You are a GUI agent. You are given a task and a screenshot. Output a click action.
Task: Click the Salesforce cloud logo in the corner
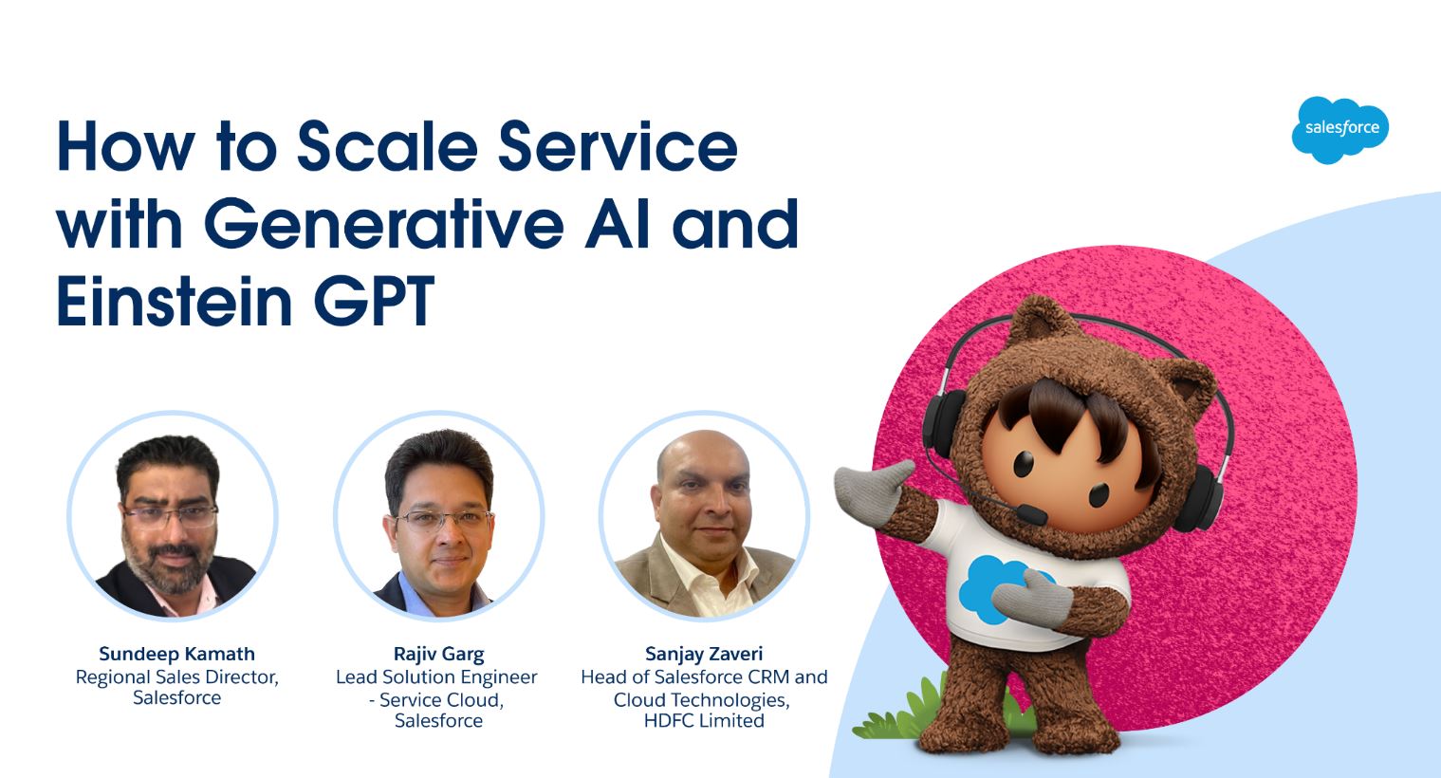pos(1340,129)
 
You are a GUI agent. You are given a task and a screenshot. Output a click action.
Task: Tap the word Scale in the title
pos(387,146)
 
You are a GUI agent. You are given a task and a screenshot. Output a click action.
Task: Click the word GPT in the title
pos(374,301)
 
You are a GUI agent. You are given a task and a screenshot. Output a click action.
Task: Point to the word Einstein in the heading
pos(175,301)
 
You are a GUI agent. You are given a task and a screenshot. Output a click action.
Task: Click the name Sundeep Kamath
pos(176,654)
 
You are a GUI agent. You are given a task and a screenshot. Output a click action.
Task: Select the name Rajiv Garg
pos(438,655)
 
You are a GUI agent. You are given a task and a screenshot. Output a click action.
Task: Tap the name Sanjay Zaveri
pos(704,655)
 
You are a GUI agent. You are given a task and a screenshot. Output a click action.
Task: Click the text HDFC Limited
pos(704,720)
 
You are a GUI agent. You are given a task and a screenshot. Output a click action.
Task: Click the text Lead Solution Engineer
pos(436,677)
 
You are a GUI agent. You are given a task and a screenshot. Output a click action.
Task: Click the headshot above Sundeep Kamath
pos(173,516)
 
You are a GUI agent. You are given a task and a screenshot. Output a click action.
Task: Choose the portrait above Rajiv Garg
pos(438,516)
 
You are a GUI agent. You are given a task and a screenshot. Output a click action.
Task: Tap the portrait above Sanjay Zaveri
pos(704,516)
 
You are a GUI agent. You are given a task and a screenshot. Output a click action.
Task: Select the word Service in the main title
pos(618,146)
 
